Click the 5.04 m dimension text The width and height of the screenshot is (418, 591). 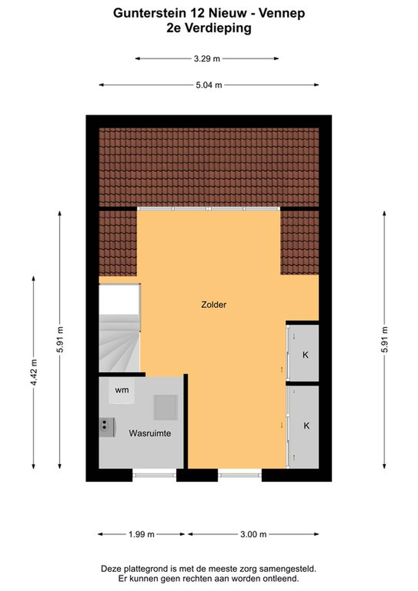coord(209,85)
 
